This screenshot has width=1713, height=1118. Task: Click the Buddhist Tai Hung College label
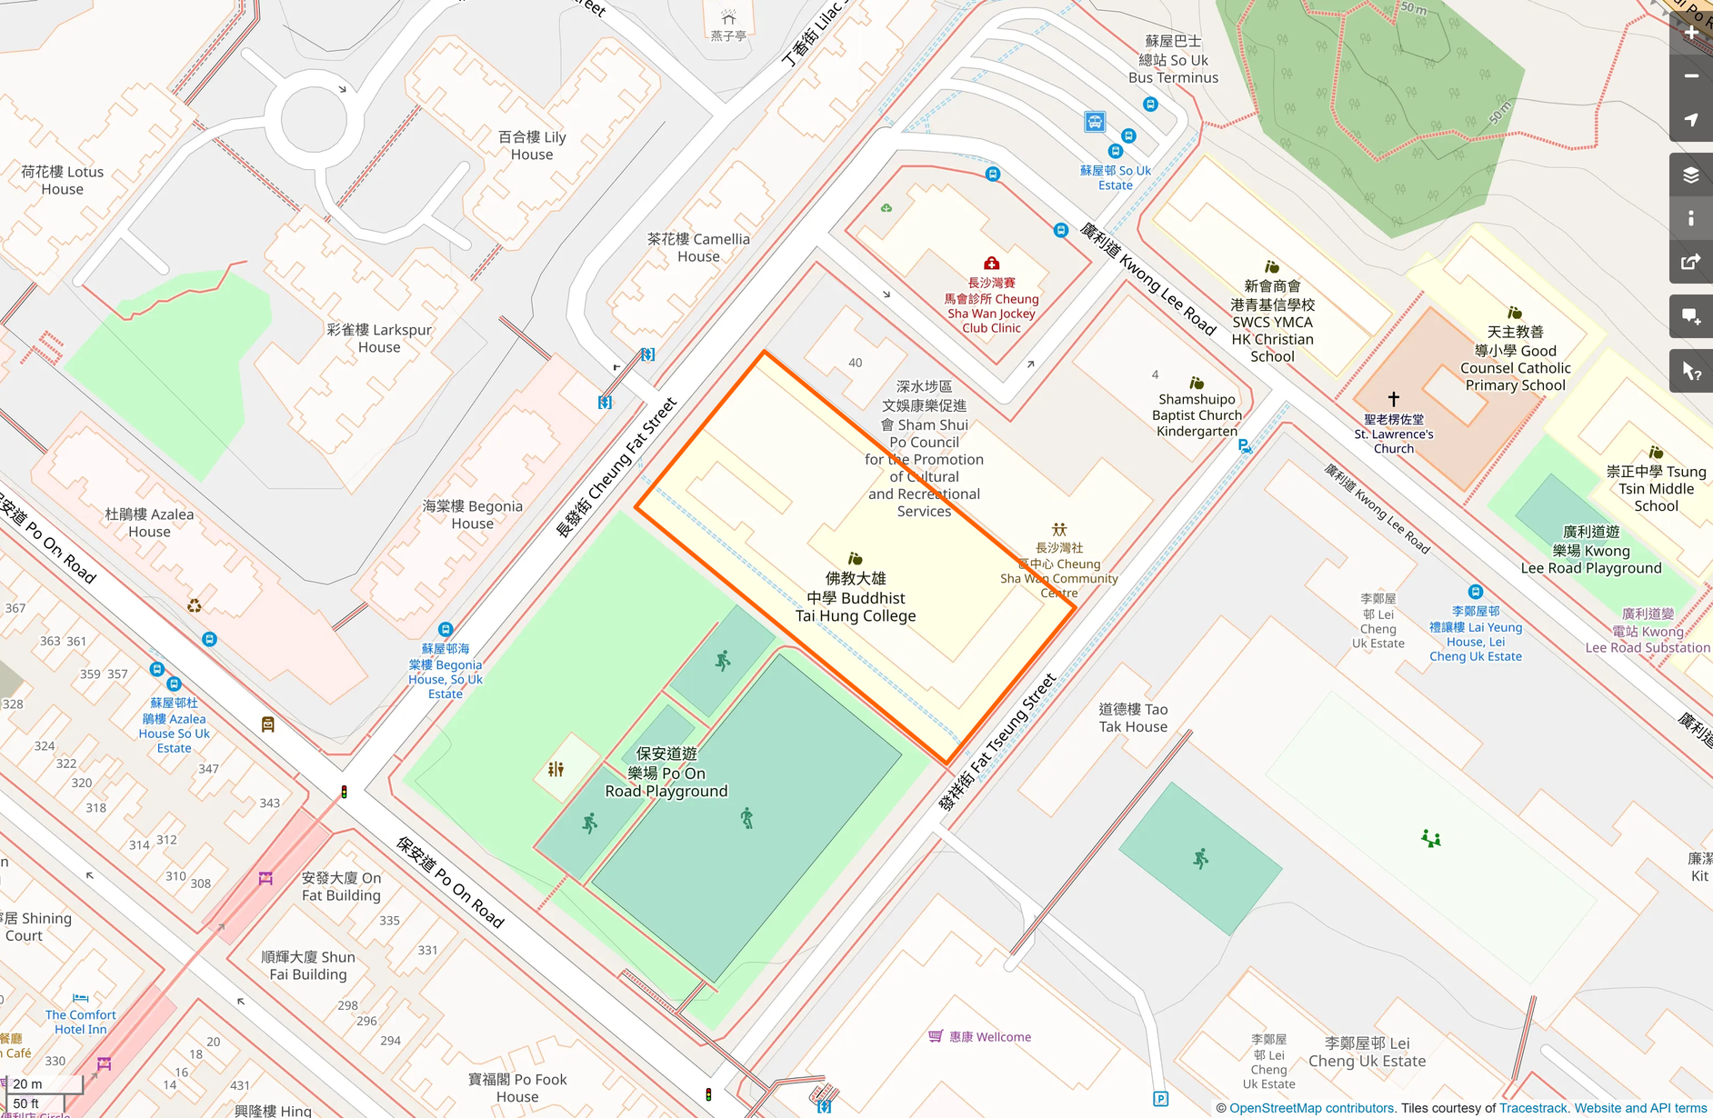856,597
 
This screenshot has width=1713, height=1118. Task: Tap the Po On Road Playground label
666,773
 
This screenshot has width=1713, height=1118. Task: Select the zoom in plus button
1691,33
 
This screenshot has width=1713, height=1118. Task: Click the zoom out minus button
1691,76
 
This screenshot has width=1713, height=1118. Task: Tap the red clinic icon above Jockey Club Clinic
992,264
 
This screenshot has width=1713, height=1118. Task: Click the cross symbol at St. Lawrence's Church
1393,398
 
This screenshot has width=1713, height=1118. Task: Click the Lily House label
532,145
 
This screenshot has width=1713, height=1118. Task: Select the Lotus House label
62,180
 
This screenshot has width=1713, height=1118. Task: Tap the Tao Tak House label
1133,717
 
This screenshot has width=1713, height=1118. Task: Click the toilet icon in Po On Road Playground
556,769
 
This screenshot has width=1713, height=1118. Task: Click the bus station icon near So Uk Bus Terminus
1095,122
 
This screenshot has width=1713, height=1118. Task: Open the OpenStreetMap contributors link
1311,1108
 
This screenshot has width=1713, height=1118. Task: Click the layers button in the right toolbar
1691,175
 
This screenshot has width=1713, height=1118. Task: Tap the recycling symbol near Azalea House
195,605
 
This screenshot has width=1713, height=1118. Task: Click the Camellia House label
698,247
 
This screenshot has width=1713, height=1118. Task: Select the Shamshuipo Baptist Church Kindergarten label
1197,414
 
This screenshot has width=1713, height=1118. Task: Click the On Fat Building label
341,886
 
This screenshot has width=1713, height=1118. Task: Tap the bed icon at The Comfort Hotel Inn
81,998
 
